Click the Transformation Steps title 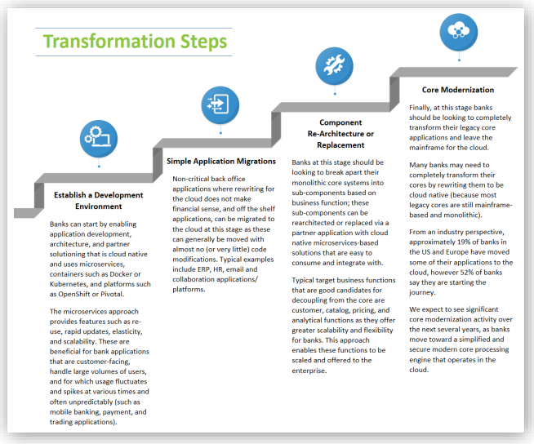click(135, 42)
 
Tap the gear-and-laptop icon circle click(99, 139)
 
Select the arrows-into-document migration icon click(220, 104)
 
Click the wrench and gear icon click(334, 66)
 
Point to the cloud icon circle click(459, 32)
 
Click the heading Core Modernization click(458, 90)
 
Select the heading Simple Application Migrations click(221, 161)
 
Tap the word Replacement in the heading click(340, 145)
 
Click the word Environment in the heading click(99, 206)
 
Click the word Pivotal click(113, 294)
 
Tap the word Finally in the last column click(420, 108)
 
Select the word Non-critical click(191, 179)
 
